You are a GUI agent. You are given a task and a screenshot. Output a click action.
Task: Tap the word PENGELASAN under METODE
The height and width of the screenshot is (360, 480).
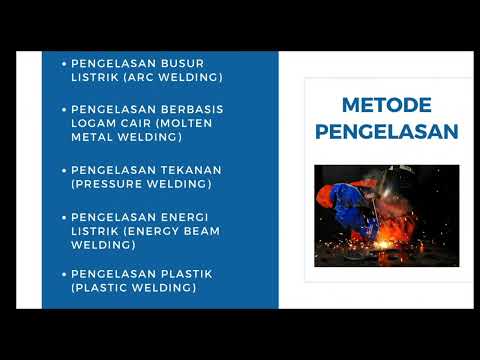386,131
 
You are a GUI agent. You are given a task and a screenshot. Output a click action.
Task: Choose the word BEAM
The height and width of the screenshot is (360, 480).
198,230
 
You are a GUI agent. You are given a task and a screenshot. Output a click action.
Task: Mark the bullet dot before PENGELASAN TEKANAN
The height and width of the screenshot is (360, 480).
64,170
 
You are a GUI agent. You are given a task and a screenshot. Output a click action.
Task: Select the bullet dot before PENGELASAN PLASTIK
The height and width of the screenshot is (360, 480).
64,273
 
